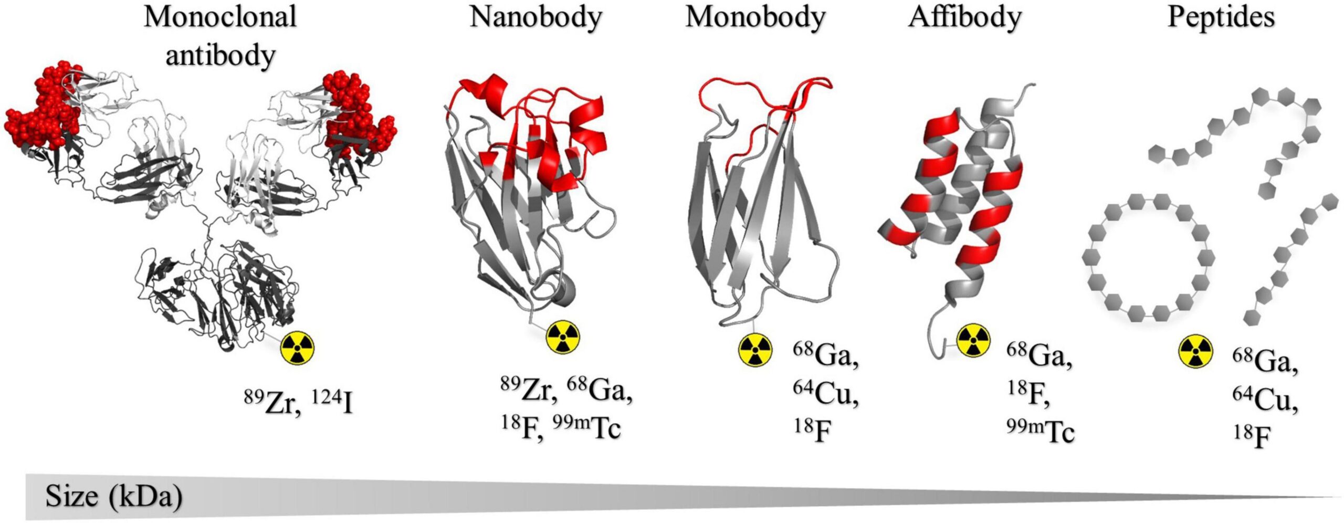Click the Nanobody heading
(535, 18)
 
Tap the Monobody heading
(755, 18)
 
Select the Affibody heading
(965, 18)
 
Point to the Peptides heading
(1221, 18)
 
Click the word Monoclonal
(220, 17)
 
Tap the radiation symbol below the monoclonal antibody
(298, 348)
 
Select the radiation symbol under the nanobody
(563, 337)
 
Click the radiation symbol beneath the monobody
(755, 350)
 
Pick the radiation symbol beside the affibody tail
(973, 340)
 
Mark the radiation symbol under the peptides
(1196, 351)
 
